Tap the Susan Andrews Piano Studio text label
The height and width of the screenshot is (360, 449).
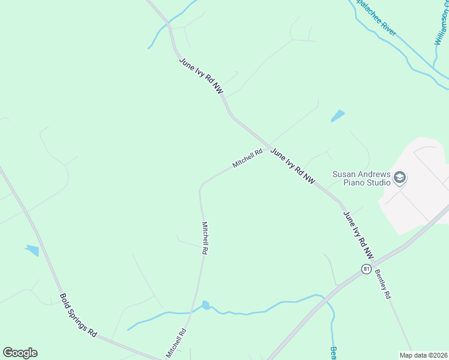pos(361,178)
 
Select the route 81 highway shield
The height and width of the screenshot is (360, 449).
pos(366,269)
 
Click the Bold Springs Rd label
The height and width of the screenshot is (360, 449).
pos(79,316)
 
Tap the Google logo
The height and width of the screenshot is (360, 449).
pos(20,353)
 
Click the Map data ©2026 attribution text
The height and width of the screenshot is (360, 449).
pos(423,355)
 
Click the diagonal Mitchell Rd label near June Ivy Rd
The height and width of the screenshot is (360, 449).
pos(248,158)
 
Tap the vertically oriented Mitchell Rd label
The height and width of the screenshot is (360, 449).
pos(204,239)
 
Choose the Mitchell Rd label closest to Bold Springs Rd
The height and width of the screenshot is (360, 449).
pos(176,342)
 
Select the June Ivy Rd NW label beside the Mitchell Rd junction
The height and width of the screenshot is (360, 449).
pos(292,166)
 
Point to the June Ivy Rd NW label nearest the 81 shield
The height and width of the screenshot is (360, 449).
pos(358,235)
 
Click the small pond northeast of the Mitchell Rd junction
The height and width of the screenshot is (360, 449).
pos(338,116)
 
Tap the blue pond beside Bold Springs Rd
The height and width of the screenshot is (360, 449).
pos(32,250)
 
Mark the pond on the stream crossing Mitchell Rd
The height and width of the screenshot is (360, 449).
pos(206,305)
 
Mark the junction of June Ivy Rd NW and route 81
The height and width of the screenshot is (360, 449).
pos(376,262)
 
